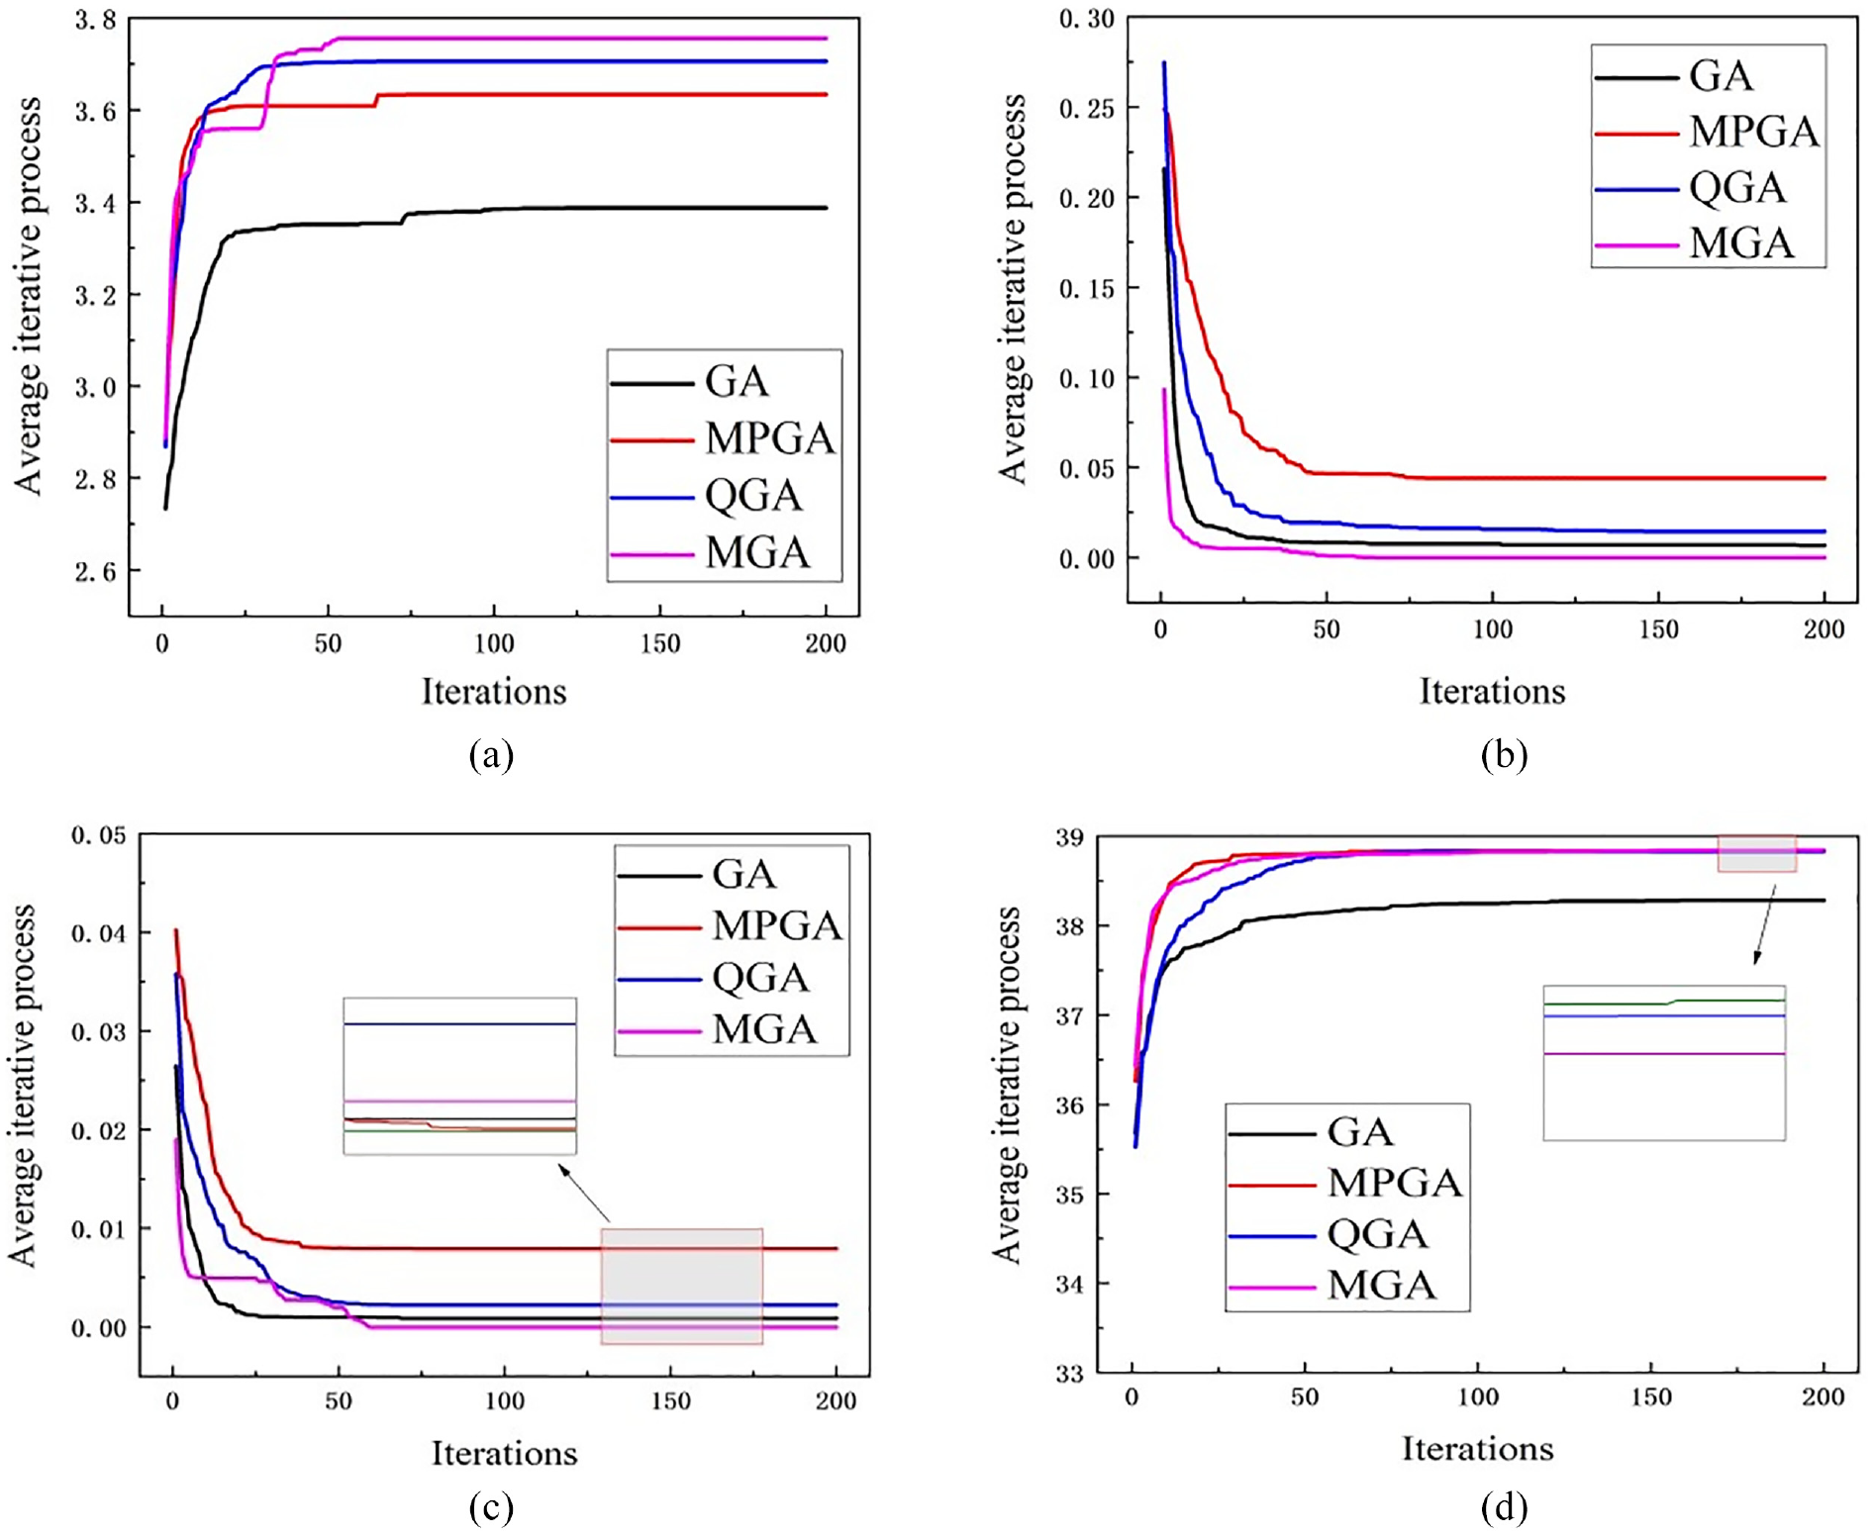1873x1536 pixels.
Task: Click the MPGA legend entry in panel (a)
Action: (x=723, y=438)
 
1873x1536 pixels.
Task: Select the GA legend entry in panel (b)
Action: (x=1674, y=76)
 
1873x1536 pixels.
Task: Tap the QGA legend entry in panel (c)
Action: (x=714, y=978)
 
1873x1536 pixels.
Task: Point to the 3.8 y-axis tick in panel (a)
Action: (x=95, y=20)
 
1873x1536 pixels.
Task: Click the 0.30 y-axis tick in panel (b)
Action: (x=1086, y=19)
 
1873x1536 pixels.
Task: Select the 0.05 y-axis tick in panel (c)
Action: (x=99, y=835)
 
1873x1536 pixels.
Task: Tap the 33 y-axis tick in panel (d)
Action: (x=1069, y=1374)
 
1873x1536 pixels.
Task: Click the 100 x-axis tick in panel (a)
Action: (x=494, y=643)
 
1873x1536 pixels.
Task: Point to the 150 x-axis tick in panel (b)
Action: (x=1658, y=629)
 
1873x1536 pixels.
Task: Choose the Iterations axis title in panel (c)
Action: (x=504, y=1453)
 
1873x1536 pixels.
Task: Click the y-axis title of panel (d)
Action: (x=1008, y=1085)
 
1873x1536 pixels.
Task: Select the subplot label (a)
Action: (x=492, y=755)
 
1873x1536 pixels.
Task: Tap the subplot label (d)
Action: (x=1504, y=1508)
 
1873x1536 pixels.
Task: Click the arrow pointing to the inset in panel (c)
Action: (x=584, y=1193)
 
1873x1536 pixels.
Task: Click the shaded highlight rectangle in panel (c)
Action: (x=681, y=1286)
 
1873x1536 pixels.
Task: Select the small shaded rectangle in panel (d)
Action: (x=1757, y=853)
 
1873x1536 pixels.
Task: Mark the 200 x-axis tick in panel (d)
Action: (x=1824, y=1397)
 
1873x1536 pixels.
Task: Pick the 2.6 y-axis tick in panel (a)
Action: (x=95, y=571)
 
